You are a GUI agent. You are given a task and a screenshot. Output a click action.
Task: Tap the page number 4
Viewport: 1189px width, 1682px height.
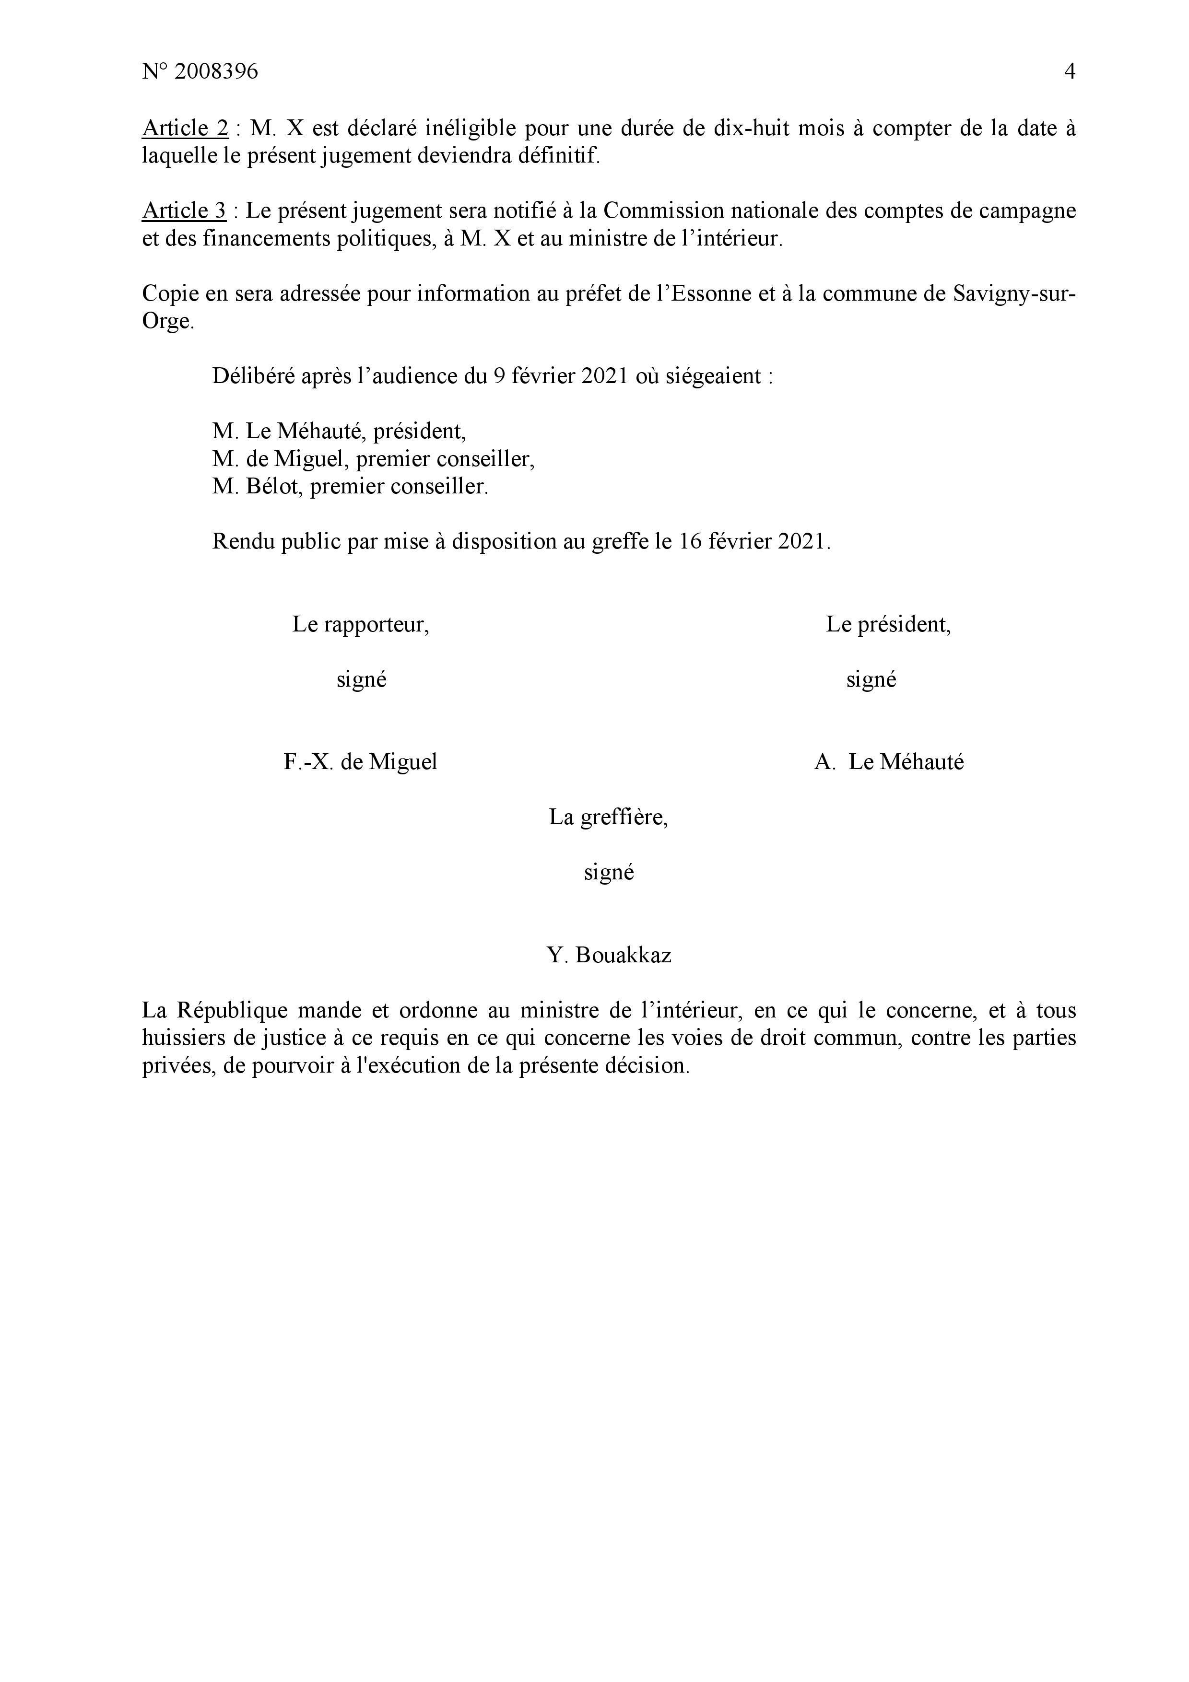(x=1069, y=72)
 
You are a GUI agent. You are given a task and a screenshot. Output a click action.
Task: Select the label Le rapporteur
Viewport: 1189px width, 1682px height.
(x=360, y=624)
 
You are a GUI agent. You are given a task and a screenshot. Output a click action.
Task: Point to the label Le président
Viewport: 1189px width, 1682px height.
(x=888, y=624)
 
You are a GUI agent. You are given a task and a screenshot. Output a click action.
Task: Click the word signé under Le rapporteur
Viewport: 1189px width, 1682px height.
(x=361, y=680)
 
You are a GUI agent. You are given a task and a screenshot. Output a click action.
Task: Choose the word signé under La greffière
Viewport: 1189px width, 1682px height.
(x=608, y=873)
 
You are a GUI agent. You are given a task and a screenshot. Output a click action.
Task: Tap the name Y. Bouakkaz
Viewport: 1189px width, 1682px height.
(x=608, y=955)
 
